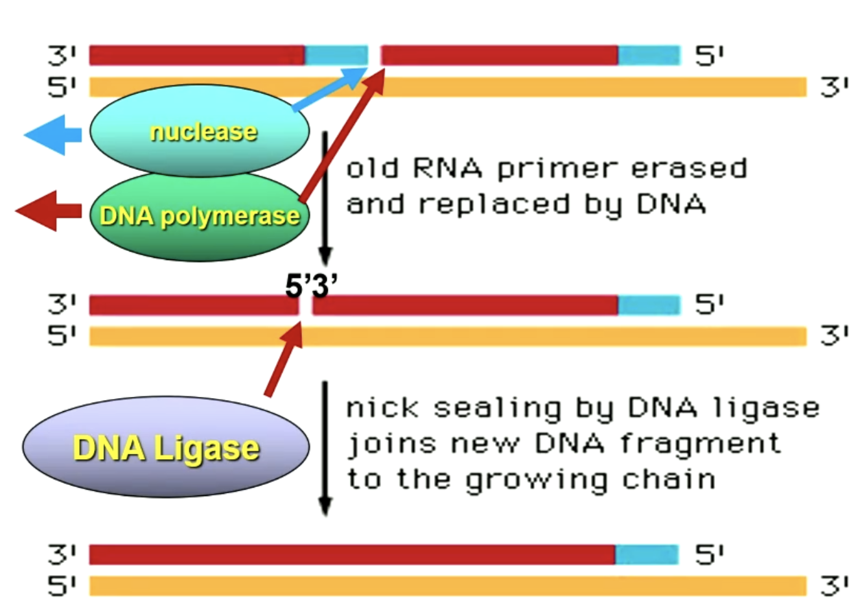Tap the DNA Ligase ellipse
(166, 447)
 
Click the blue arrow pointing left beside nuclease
(52, 135)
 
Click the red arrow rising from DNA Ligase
(284, 360)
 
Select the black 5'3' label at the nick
(312, 286)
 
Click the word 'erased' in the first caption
(689, 169)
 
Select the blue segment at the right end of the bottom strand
(646, 555)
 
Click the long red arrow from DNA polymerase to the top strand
(342, 139)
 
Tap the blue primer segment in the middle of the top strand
(336, 56)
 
